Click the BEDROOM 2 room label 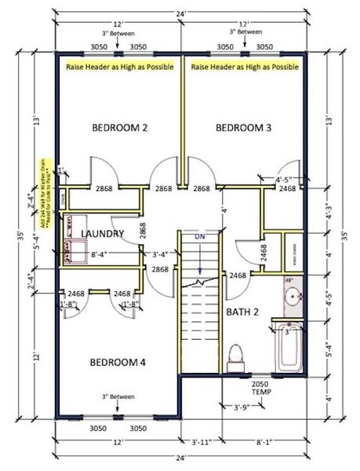coord(120,127)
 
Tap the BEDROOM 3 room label coord(243,127)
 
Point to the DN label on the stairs coord(200,235)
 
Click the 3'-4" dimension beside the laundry coord(159,254)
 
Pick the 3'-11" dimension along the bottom coord(203,443)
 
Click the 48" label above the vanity coord(288,280)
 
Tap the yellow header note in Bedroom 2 coord(119,68)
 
